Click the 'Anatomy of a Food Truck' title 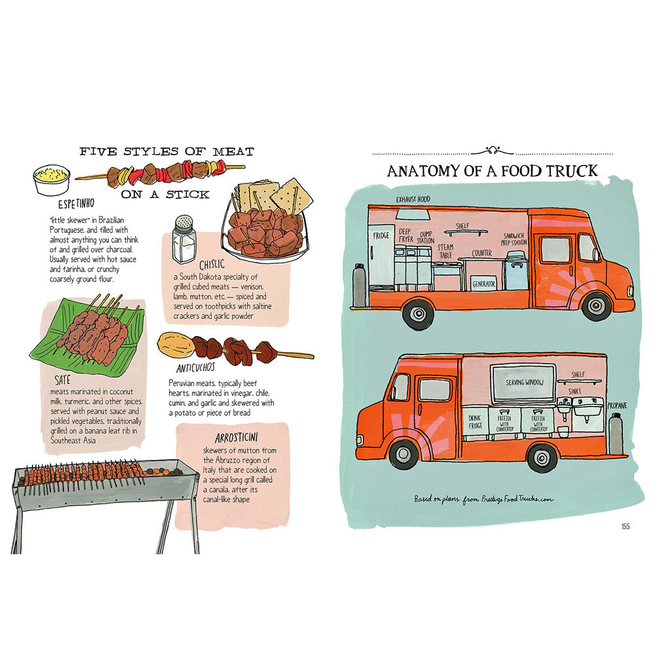click(x=492, y=171)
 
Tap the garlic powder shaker click(x=183, y=240)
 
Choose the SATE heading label click(x=64, y=379)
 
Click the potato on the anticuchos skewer click(x=175, y=341)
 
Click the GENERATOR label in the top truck click(x=484, y=284)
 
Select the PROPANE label click(x=616, y=405)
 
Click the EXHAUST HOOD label click(x=414, y=199)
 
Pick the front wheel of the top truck click(x=596, y=305)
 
